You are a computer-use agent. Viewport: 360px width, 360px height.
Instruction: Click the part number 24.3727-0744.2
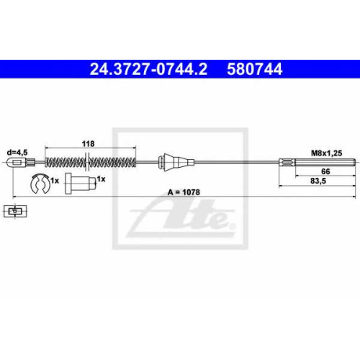148,69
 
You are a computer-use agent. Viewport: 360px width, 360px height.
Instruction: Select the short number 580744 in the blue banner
255,69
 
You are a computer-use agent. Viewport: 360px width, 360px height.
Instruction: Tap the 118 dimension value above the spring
88,144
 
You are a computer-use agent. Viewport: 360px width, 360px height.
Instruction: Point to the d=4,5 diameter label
17,152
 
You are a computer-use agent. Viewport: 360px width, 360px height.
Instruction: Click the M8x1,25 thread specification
326,153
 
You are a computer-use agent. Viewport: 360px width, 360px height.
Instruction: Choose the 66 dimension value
325,171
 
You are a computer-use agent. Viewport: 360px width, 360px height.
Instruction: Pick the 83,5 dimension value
318,181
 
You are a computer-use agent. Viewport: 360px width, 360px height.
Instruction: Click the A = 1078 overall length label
184,192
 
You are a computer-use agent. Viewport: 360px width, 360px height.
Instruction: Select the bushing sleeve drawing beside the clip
81,184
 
